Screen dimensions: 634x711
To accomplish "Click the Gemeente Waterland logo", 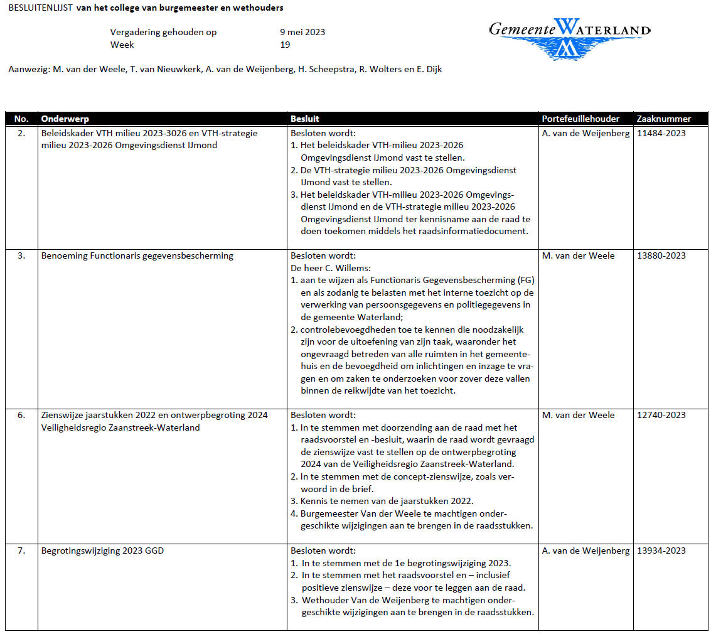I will coord(569,38).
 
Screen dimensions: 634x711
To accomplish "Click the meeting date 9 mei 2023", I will coord(302,32).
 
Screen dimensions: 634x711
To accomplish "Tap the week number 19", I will coord(285,45).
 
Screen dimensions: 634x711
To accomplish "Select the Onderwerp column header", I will coord(65,119).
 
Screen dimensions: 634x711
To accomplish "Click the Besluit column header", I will coord(305,119).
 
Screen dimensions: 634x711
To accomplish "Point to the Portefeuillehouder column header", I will coord(580,119).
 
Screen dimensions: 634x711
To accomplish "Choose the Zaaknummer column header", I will coord(663,119).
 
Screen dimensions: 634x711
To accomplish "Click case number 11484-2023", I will coord(661,133).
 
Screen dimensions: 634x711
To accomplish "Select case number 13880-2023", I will coord(661,255).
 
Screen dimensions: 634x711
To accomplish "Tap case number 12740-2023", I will coord(661,415).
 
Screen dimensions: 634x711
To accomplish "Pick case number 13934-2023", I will coord(661,551).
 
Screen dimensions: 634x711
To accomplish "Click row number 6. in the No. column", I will coord(21,415).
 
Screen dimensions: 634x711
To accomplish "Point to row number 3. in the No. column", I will coord(21,255).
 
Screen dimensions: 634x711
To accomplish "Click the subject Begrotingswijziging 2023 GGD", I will coord(103,551).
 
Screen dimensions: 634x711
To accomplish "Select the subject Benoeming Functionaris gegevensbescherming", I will coord(137,255).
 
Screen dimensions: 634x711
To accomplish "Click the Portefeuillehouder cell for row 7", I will coord(585,551).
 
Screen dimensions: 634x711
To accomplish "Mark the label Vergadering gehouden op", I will coord(163,32).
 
